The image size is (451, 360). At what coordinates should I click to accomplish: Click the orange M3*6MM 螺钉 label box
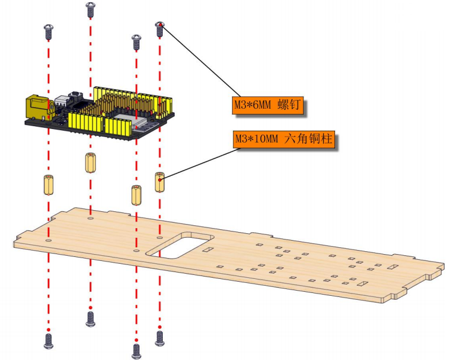[x=268, y=105]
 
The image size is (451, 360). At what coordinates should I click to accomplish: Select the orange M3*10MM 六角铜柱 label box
[x=284, y=140]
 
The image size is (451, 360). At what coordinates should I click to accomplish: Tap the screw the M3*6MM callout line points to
[x=160, y=29]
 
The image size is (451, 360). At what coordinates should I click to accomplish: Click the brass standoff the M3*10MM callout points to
[x=160, y=182]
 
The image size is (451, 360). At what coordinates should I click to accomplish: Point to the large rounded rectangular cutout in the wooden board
[x=180, y=245]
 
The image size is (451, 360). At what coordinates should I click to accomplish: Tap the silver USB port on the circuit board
[x=62, y=101]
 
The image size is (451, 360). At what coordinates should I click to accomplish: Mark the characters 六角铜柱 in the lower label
[x=309, y=139]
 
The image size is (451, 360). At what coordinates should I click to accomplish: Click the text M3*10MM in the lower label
[x=257, y=140]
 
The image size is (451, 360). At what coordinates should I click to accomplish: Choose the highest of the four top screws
[x=91, y=10]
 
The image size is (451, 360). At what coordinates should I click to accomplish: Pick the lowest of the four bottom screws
[x=136, y=352]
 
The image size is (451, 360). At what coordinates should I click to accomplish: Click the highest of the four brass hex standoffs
[x=91, y=163]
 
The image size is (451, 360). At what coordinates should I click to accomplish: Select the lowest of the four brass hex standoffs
[x=136, y=195]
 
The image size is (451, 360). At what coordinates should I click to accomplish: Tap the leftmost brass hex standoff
[x=48, y=184]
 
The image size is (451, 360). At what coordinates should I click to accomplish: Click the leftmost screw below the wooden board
[x=48, y=341]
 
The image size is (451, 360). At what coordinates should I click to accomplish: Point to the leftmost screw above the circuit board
[x=48, y=32]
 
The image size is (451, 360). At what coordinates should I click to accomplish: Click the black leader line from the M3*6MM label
[x=200, y=61]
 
